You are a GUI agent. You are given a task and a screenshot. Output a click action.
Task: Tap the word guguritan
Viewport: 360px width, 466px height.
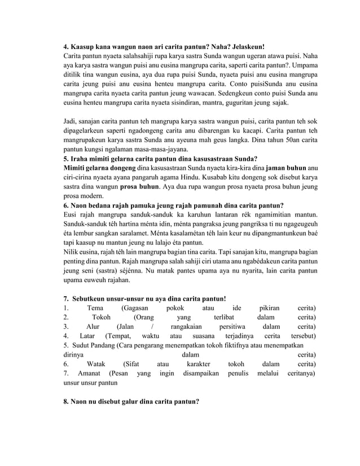[x=248, y=103]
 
